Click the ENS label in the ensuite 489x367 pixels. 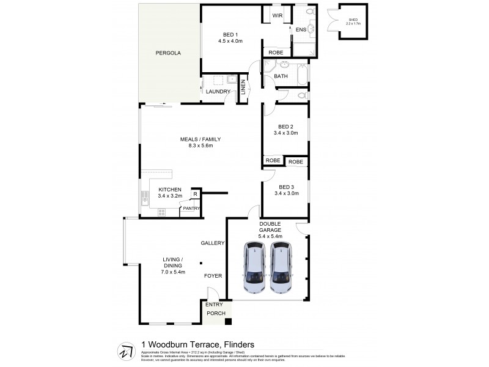click(x=300, y=29)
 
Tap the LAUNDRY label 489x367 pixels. click(x=218, y=92)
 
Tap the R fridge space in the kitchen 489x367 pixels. click(x=194, y=195)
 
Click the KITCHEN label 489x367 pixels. click(x=170, y=189)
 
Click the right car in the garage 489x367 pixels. click(x=282, y=268)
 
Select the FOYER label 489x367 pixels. click(x=213, y=276)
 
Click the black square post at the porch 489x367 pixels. click(x=228, y=322)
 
